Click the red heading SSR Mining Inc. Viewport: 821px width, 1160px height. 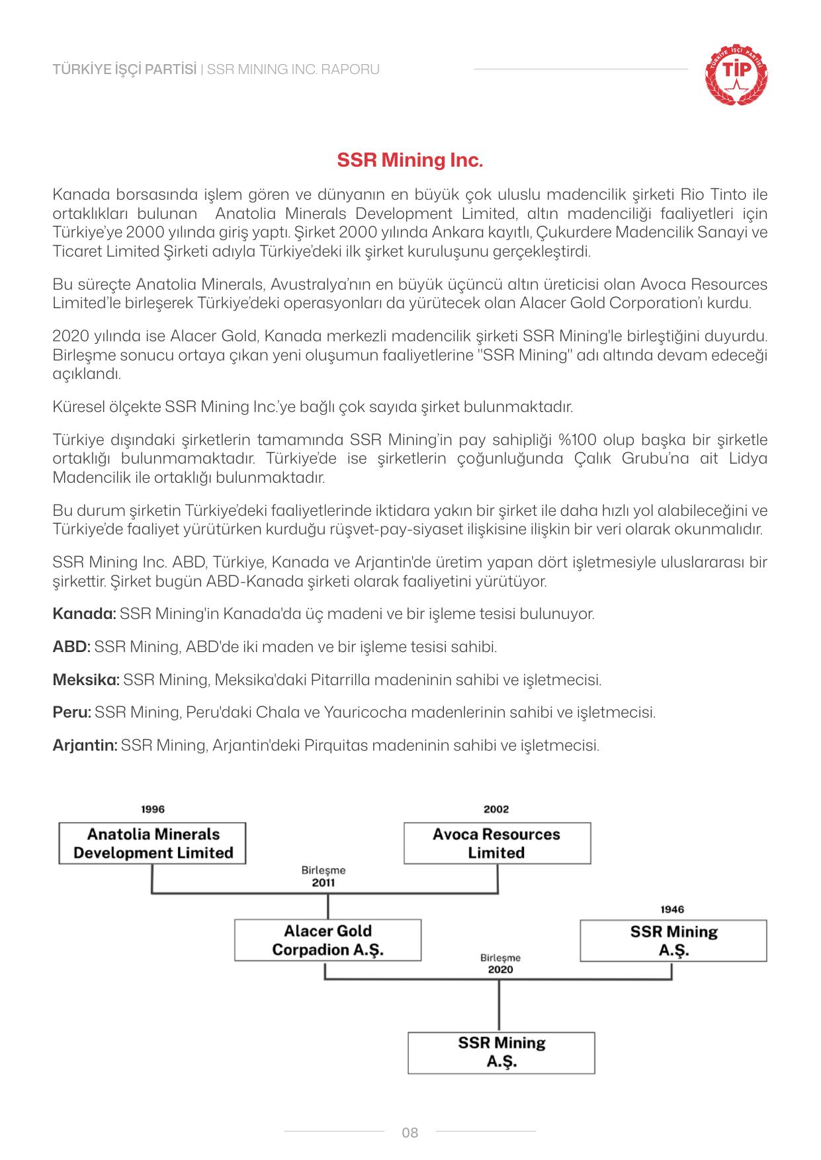pos(410,161)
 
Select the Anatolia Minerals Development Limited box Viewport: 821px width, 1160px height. pos(153,843)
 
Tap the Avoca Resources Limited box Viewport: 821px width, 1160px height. pos(497,843)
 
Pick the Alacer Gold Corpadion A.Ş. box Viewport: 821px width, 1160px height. pos(327,940)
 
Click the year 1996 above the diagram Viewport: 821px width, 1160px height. pos(153,809)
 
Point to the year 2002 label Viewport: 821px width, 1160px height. pos(496,809)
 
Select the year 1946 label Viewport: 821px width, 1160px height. pos(672,909)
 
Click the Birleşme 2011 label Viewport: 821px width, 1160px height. pos(324,876)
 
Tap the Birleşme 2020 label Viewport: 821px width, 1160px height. pos(500,964)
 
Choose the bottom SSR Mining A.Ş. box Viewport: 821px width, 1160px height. pos(501,1052)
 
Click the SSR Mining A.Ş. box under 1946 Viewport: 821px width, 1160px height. pos(673,940)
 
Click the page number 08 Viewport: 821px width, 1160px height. pos(410,1133)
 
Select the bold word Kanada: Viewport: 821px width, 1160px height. pos(84,614)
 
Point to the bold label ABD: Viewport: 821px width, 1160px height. pos(71,647)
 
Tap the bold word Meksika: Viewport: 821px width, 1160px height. pos(86,680)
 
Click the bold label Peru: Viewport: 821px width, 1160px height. pos(71,713)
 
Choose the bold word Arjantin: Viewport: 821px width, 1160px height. pos(85,746)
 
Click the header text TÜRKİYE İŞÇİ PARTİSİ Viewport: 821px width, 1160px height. pos(124,69)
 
